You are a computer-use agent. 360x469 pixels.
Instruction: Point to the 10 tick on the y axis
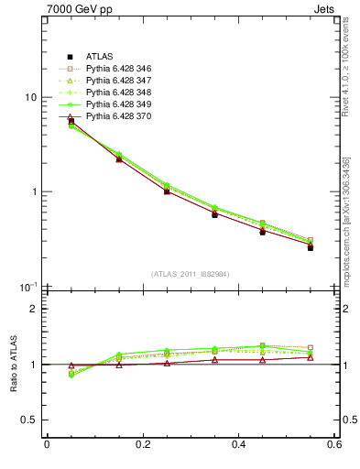(x=30, y=98)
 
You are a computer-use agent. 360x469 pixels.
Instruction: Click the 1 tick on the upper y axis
(x=33, y=192)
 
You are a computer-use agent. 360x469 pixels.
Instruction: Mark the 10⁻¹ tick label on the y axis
(x=28, y=286)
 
